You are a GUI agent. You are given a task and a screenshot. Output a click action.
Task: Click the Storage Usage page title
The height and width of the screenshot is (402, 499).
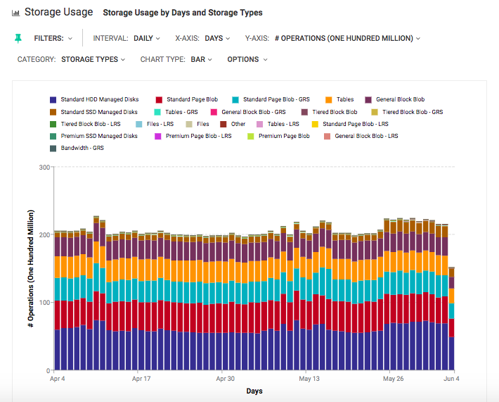(58, 12)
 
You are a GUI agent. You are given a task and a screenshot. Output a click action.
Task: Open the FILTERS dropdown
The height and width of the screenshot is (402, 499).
(53, 39)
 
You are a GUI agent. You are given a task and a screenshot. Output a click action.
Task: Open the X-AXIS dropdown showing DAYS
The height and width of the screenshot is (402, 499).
(219, 39)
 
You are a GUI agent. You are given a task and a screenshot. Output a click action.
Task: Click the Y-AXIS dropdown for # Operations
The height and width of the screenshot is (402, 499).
(347, 39)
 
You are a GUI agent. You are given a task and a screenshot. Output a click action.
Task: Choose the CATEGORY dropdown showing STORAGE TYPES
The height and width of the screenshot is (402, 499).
(93, 60)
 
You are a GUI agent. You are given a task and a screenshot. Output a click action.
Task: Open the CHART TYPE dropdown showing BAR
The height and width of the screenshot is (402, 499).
(201, 60)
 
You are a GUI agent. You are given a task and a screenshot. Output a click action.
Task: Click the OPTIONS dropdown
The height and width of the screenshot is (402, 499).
(247, 60)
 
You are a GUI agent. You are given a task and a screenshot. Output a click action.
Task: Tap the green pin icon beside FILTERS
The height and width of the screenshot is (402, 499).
(18, 39)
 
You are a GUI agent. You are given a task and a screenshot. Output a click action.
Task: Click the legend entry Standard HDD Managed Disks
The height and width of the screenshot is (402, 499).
(98, 100)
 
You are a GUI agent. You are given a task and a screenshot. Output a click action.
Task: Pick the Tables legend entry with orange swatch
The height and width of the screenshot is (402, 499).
(344, 100)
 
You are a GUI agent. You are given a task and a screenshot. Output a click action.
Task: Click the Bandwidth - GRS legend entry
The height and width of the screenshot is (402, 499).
(82, 148)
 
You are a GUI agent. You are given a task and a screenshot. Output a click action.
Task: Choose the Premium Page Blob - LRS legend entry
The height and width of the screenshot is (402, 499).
(198, 136)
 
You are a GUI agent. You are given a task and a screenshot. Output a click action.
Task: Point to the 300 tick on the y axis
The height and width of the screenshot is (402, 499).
(44, 168)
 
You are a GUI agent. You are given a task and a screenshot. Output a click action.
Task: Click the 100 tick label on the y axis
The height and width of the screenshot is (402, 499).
(44, 303)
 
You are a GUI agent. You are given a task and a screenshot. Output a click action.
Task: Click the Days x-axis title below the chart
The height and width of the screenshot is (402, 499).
(254, 391)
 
